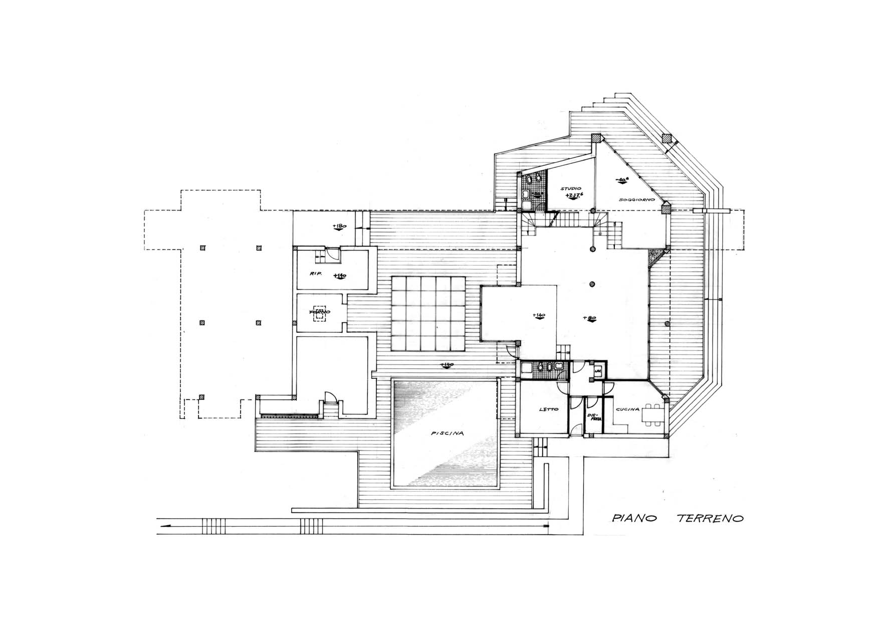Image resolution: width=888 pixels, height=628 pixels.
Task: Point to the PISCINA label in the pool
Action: (447, 434)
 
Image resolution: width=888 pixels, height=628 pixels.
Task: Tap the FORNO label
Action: (320, 312)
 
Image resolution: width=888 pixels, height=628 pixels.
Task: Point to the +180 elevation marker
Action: (340, 227)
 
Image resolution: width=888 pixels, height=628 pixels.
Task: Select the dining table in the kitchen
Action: (651, 414)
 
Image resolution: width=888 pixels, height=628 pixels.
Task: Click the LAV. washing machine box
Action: (598, 371)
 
